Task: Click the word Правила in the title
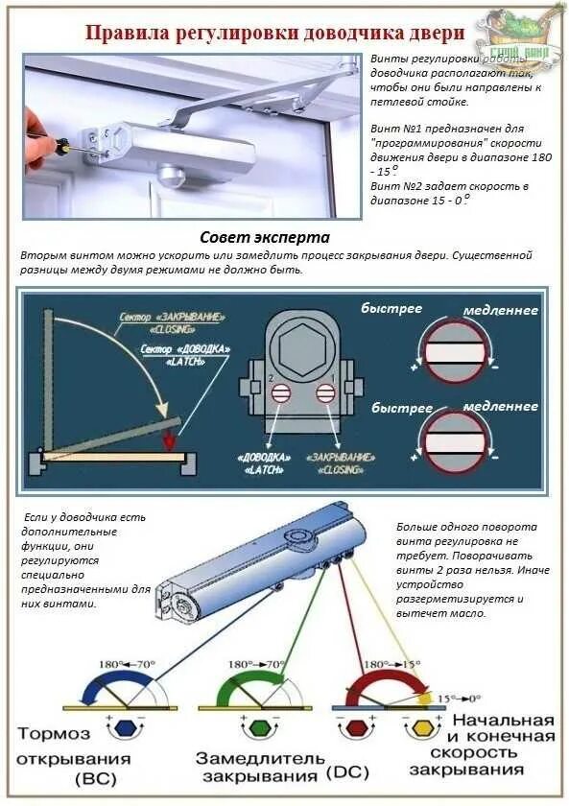128,34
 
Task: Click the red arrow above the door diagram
169,441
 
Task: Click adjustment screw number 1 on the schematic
325,391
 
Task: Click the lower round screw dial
456,440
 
